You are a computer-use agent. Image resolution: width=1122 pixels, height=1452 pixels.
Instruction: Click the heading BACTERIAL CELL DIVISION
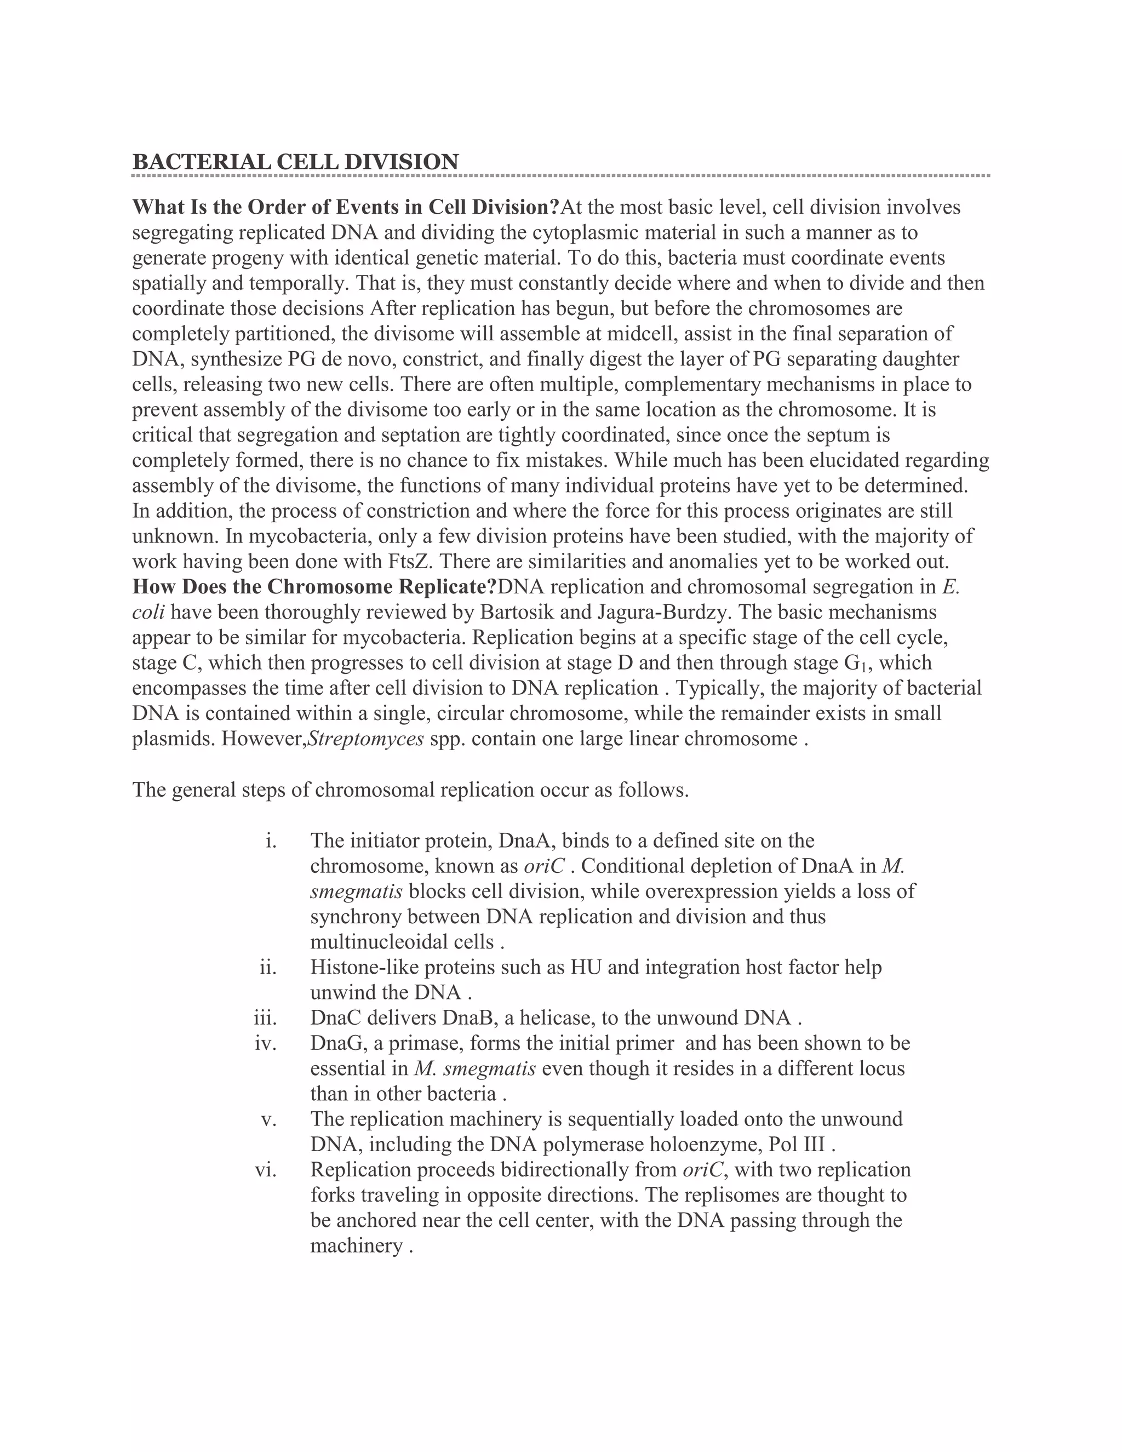pos(295,162)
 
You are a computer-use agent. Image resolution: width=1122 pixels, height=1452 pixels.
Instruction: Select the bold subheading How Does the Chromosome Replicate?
pos(314,587)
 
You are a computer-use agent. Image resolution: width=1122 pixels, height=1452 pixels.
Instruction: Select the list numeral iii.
pos(265,1018)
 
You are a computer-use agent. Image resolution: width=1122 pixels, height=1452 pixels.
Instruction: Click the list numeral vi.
pos(265,1169)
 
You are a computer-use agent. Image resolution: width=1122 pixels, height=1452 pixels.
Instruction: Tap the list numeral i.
pos(270,841)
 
